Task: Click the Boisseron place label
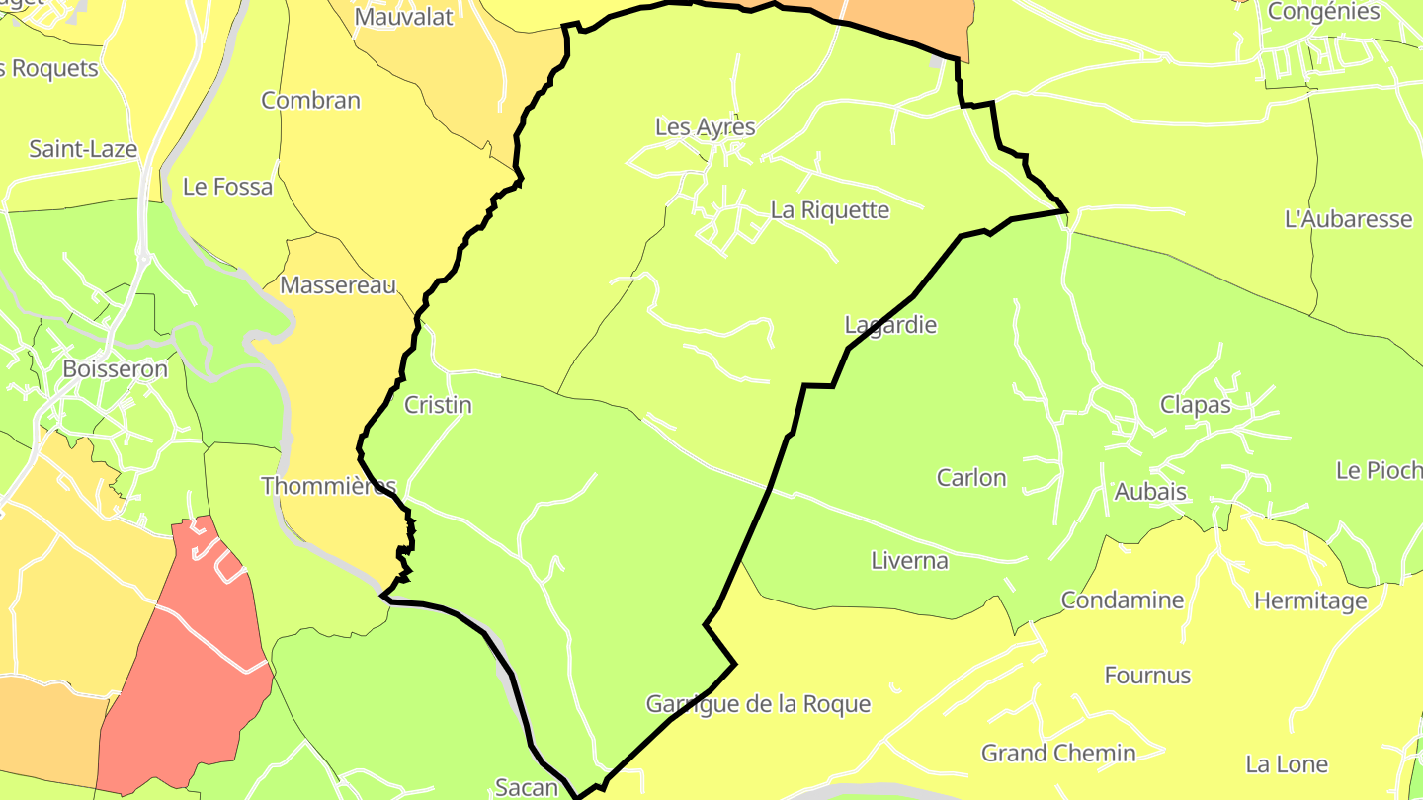coord(115,369)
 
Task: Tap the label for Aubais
coord(1150,492)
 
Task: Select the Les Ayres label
coord(706,127)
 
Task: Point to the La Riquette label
coord(830,210)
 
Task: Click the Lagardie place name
coord(890,325)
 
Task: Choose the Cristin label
coord(438,405)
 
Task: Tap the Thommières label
coord(329,486)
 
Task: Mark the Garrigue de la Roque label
coord(758,704)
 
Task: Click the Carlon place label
coord(971,478)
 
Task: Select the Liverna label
coord(909,561)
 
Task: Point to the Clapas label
coord(1196,405)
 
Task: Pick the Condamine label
coord(1123,600)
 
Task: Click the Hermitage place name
coord(1310,600)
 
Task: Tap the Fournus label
coord(1147,676)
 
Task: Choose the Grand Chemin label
coord(1058,753)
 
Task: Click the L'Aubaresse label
coord(1348,219)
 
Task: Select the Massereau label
coord(338,285)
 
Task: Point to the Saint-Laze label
coord(83,149)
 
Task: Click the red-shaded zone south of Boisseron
coord(188,662)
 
